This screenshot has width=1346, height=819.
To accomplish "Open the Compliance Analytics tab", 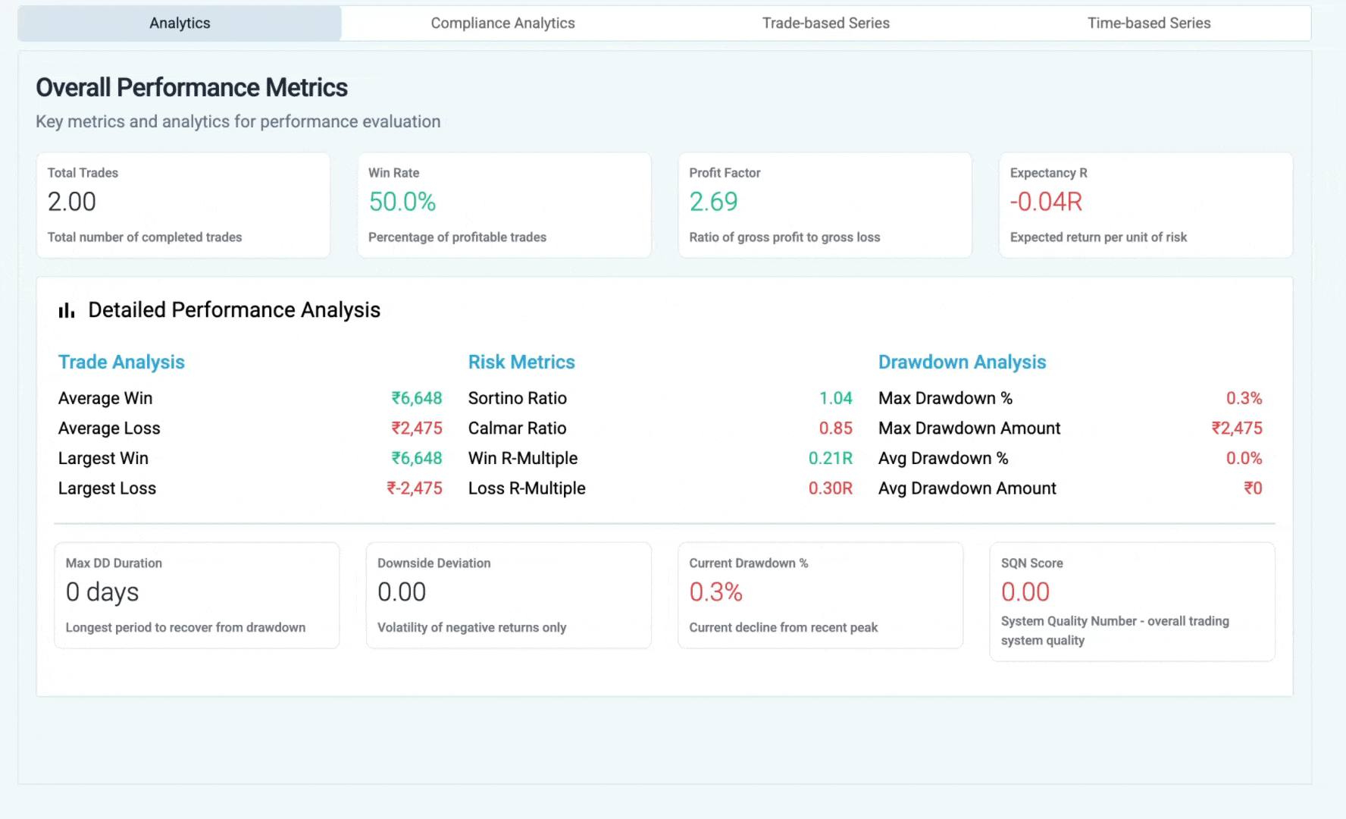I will click(502, 24).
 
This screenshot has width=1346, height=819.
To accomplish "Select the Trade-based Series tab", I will click(825, 24).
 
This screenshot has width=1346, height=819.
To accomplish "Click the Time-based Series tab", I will click(1148, 24).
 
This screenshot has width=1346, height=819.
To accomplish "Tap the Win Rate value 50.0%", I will click(402, 202).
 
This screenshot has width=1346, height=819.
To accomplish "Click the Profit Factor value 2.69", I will click(713, 202).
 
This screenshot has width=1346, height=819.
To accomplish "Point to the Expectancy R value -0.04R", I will click(1046, 202).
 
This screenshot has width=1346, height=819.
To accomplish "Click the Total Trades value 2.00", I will click(72, 202).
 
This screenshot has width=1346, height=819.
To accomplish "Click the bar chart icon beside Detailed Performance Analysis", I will click(67, 310).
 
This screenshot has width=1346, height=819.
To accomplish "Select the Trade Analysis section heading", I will click(121, 362).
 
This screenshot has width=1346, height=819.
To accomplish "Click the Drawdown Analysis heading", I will click(962, 362).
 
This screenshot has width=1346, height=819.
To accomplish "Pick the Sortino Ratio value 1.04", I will click(835, 398).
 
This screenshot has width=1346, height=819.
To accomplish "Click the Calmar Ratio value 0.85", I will click(835, 428).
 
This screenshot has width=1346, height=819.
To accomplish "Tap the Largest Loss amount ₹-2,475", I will click(415, 488).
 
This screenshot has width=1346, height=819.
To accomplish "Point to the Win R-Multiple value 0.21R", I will click(830, 458).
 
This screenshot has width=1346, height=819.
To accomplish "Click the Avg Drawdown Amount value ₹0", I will click(1253, 488).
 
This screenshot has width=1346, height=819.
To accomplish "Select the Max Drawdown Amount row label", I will click(969, 428).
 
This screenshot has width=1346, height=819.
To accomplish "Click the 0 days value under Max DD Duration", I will click(102, 592).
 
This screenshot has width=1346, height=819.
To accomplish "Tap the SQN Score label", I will click(1031, 563).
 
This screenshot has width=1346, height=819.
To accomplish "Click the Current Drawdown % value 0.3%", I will click(715, 592).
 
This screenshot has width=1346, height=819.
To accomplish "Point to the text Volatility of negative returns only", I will click(471, 628).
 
